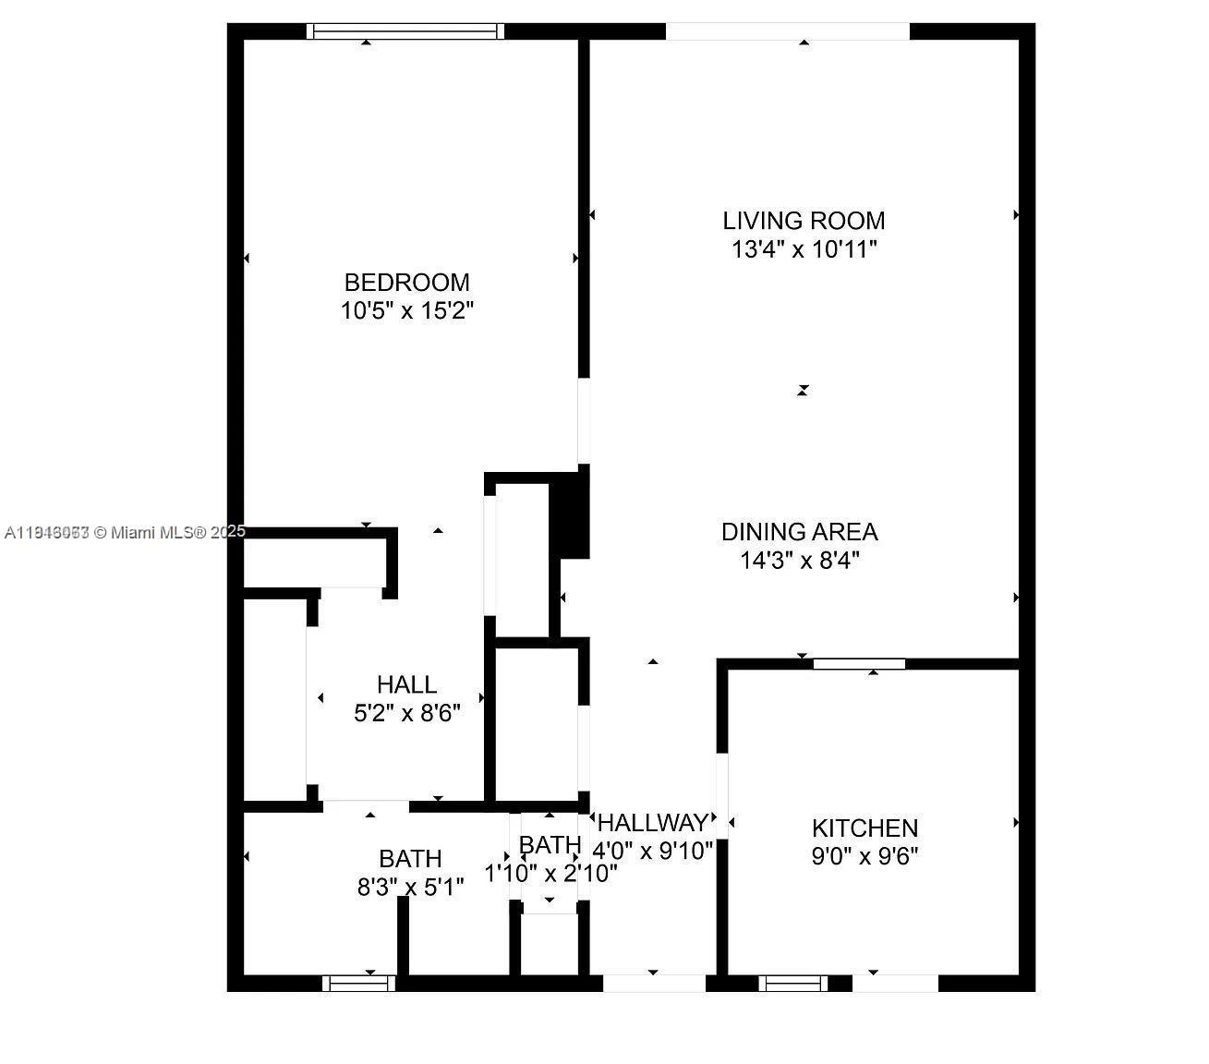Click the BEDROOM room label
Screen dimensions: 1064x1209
pos(406,282)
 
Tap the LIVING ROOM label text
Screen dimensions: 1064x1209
pos(804,221)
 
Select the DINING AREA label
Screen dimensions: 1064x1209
pos(799,532)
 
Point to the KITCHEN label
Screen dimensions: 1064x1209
pos(864,828)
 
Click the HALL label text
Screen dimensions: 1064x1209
pos(406,684)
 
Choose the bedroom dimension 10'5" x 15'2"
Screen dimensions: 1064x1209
pos(406,310)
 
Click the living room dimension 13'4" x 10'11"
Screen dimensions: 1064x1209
pos(804,249)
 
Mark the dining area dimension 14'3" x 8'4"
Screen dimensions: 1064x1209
pos(799,561)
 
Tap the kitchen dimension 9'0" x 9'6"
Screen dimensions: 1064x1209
pos(864,856)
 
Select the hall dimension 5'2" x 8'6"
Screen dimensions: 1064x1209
pos(406,713)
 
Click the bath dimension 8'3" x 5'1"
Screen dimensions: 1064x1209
pos(410,888)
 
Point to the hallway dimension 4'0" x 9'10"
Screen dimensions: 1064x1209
pos(653,851)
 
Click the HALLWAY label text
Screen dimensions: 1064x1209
pos(653,823)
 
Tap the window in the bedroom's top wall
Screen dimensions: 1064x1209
pos(405,31)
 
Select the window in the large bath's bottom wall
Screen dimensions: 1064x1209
pos(358,984)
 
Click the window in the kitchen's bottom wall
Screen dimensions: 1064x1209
pos(792,984)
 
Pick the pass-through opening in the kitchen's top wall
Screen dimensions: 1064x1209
pos(859,663)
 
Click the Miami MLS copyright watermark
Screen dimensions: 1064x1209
pos(125,532)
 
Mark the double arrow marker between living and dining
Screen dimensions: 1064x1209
pos(803,391)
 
